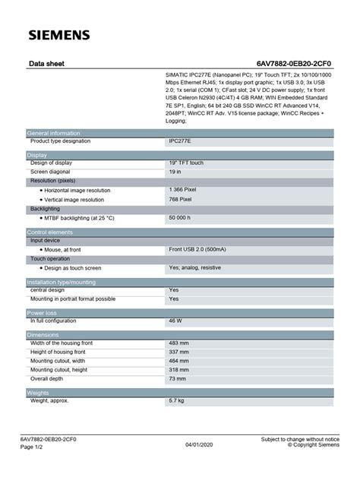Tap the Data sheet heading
pos(46,66)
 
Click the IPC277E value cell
pos(180,141)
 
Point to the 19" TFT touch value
pos(187,163)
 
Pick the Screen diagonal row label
pos(55,172)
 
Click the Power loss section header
pos(42,312)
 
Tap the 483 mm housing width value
pos(179,343)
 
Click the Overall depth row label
pos(47,377)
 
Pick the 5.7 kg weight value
pos(177,399)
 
